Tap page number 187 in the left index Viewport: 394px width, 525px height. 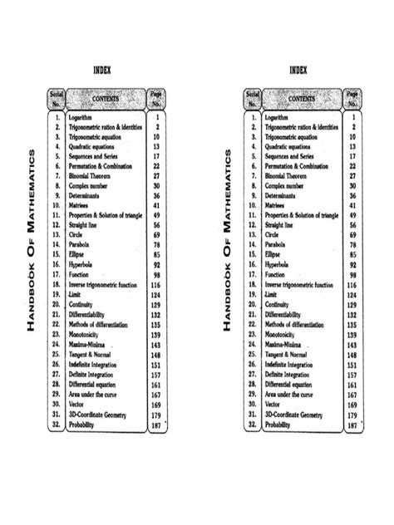[155, 424]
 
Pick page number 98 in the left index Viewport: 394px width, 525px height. [157, 273]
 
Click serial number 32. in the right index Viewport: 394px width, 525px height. [253, 424]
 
